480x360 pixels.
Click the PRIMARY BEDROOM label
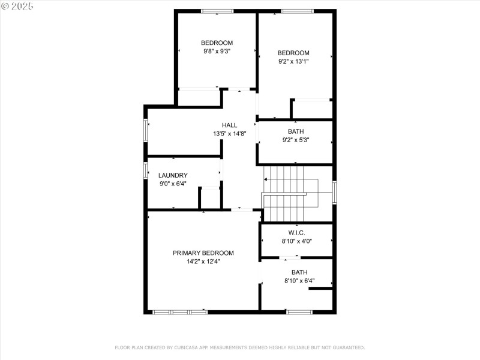203,253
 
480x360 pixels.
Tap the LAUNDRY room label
173,175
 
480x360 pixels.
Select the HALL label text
229,125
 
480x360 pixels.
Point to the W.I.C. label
296,233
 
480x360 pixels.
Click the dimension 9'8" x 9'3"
217,52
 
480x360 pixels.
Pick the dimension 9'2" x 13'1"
293,61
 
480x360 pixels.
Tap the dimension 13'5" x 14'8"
229,134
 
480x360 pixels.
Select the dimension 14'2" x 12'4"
203,262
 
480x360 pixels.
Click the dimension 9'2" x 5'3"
296,140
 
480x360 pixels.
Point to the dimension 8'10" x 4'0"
296,241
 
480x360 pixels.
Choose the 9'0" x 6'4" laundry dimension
173,184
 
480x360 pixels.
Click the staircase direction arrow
266,179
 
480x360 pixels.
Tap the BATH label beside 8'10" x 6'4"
299,272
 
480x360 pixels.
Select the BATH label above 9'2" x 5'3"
296,132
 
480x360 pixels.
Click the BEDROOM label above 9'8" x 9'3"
217,43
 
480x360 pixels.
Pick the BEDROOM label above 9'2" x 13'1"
293,53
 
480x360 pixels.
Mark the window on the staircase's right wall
334,193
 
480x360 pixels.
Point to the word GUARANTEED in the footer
348,347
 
